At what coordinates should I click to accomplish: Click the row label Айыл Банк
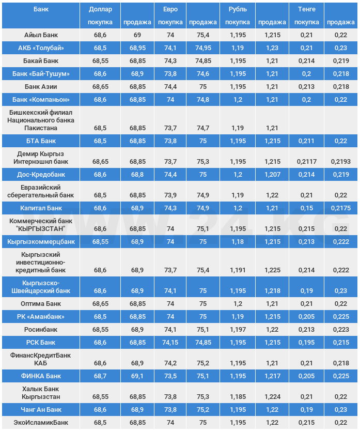(41, 35)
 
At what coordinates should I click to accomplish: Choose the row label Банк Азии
(41, 87)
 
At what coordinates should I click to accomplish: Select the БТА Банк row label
(41, 141)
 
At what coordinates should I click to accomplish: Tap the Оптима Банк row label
(41, 304)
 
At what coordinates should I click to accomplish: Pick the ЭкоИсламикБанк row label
(41, 423)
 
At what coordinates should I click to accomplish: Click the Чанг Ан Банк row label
(41, 410)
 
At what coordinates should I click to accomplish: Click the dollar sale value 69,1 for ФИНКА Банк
(137, 376)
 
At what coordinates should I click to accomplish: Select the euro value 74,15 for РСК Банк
(170, 343)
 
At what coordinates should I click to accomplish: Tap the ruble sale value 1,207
(273, 175)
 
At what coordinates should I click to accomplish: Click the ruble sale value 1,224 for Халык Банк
(273, 397)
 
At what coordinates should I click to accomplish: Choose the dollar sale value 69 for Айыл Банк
(137, 35)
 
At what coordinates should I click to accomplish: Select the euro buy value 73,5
(170, 376)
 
